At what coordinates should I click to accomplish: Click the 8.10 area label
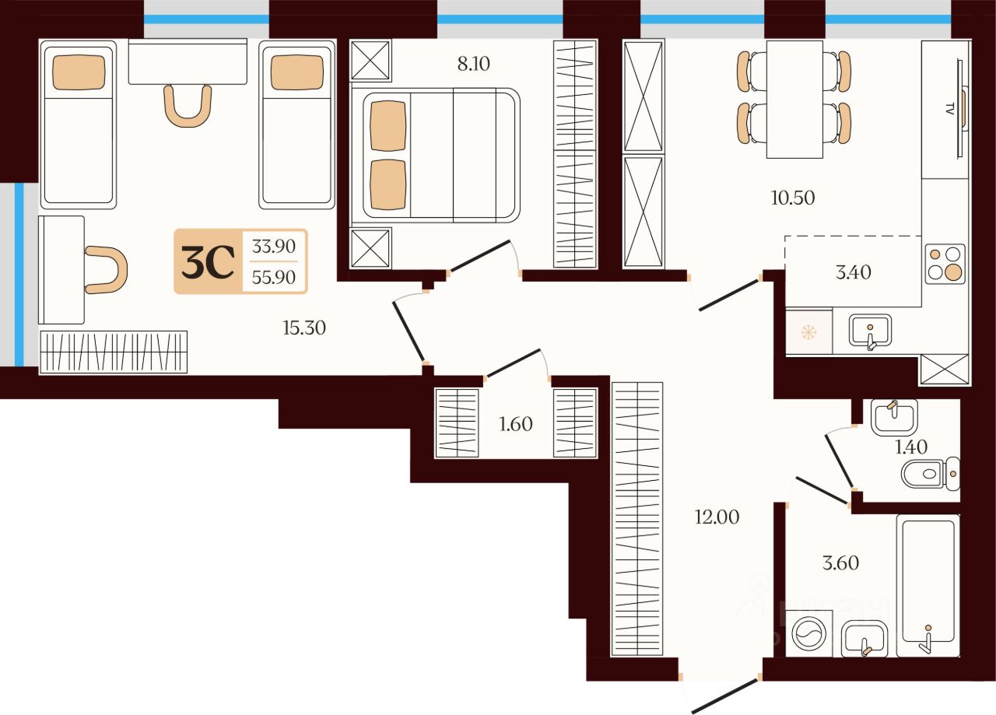(474, 64)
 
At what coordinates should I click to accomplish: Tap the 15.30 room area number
(304, 328)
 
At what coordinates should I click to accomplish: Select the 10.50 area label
(793, 198)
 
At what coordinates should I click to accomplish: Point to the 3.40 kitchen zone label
(854, 272)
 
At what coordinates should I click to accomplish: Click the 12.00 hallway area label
(717, 517)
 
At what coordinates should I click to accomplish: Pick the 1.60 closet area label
(516, 424)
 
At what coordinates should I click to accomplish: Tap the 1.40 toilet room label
(911, 447)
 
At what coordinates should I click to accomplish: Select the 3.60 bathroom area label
(841, 563)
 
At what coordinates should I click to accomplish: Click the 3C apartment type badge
(208, 262)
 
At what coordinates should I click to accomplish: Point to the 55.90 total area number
(273, 278)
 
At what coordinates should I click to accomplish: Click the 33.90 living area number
(273, 246)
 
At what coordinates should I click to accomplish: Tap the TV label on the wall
(950, 110)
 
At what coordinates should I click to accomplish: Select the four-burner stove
(945, 264)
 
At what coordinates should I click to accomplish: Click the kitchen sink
(870, 331)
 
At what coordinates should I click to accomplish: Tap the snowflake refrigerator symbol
(808, 332)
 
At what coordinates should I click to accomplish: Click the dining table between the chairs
(794, 99)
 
